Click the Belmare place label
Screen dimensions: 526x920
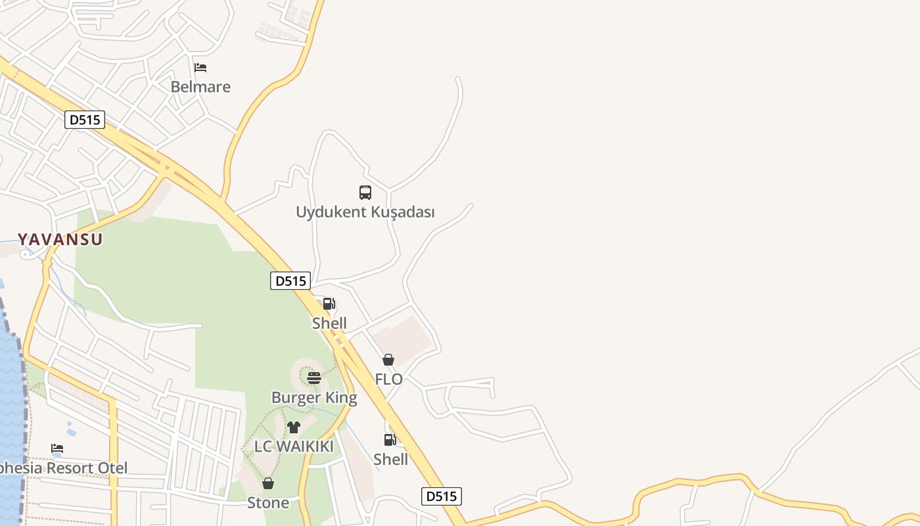click(200, 87)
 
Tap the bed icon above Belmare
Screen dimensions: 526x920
click(200, 68)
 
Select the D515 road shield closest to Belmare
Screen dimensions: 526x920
click(85, 120)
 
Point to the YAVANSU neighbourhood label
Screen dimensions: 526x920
click(60, 239)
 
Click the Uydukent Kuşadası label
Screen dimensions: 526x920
click(365, 212)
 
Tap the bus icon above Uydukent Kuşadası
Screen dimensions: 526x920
click(365, 193)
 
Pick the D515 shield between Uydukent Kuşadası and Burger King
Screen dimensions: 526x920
click(290, 281)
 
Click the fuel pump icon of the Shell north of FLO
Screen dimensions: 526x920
click(329, 304)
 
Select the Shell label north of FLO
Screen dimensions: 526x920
click(329, 323)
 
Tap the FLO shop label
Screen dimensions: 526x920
click(388, 379)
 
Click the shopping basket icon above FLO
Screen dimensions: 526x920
click(388, 360)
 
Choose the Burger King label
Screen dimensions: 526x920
click(314, 398)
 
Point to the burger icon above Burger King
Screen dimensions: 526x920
click(314, 378)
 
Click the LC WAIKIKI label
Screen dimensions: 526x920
click(294, 446)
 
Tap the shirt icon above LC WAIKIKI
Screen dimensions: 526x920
click(294, 427)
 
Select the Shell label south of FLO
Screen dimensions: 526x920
click(390, 460)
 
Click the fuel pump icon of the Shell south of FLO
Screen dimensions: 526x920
click(390, 440)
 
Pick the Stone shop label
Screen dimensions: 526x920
click(268, 503)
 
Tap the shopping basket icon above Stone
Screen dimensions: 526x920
click(268, 483)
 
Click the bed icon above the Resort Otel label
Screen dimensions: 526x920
click(57, 449)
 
